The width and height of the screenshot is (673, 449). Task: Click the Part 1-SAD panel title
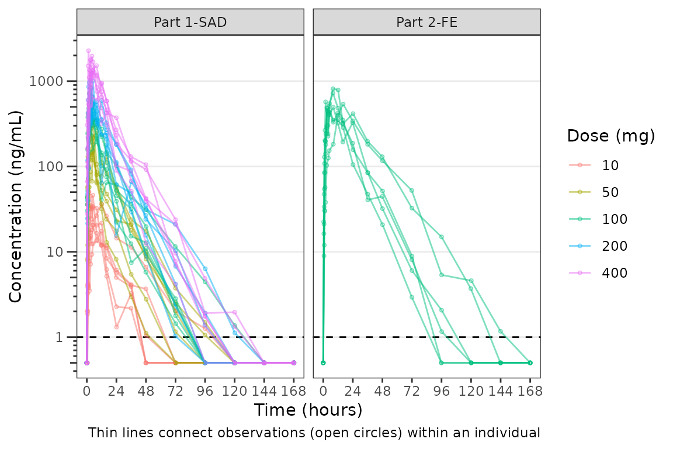pyautogui.click(x=190, y=22)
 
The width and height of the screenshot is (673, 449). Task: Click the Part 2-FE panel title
pyautogui.click(x=426, y=22)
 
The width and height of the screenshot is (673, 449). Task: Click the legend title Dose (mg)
pyautogui.click(x=610, y=136)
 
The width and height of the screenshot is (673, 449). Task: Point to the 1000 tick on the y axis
pyautogui.click(x=50, y=81)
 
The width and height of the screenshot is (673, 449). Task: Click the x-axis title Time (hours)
pyautogui.click(x=308, y=410)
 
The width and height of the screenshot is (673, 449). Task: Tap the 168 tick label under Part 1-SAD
pyautogui.click(x=294, y=391)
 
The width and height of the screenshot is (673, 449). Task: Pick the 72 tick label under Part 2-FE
pyautogui.click(x=412, y=391)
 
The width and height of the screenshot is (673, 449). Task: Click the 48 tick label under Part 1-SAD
pyautogui.click(x=146, y=391)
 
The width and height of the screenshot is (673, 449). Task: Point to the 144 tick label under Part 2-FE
pyautogui.click(x=501, y=391)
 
